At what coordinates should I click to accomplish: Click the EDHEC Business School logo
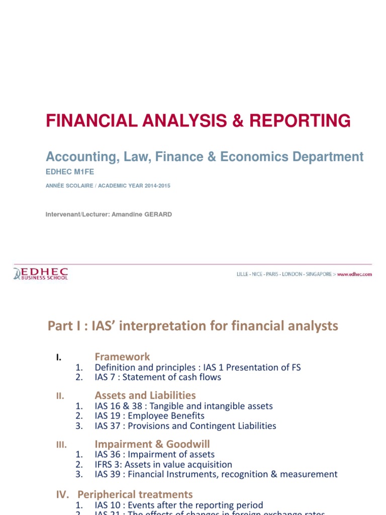pyautogui.click(x=41, y=274)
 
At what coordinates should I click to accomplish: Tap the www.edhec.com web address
pyautogui.click(x=354, y=275)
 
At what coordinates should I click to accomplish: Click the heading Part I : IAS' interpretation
pyautogui.click(x=193, y=326)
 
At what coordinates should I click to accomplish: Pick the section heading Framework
pyautogui.click(x=122, y=357)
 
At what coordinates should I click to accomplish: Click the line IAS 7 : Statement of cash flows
pyautogui.click(x=158, y=377)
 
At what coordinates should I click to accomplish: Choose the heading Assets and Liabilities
pyautogui.click(x=145, y=395)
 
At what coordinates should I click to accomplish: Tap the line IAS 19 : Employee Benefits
pyautogui.click(x=149, y=416)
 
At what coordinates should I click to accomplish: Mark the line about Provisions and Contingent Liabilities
pyautogui.click(x=185, y=426)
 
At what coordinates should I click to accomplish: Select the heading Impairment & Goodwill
pyautogui.click(x=152, y=444)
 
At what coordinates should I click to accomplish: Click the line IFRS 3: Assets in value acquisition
pyautogui.click(x=163, y=465)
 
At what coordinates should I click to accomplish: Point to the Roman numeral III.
pyautogui.click(x=60, y=445)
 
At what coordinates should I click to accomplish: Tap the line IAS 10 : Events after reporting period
pyautogui.click(x=178, y=505)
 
